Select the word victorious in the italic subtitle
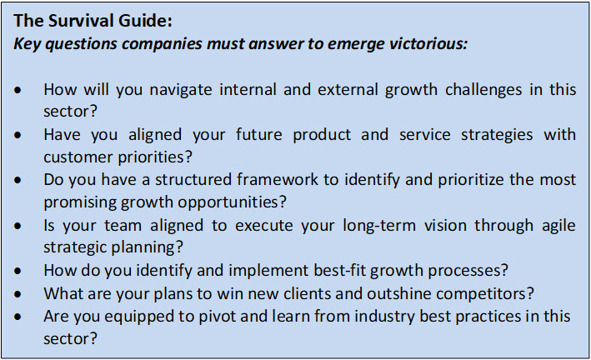click(x=428, y=43)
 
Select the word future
click(x=258, y=134)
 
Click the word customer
click(x=78, y=157)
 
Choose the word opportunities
click(x=233, y=202)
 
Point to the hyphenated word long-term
click(x=379, y=226)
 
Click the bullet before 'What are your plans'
click(x=18, y=293)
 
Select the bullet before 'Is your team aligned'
click(x=18, y=226)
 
